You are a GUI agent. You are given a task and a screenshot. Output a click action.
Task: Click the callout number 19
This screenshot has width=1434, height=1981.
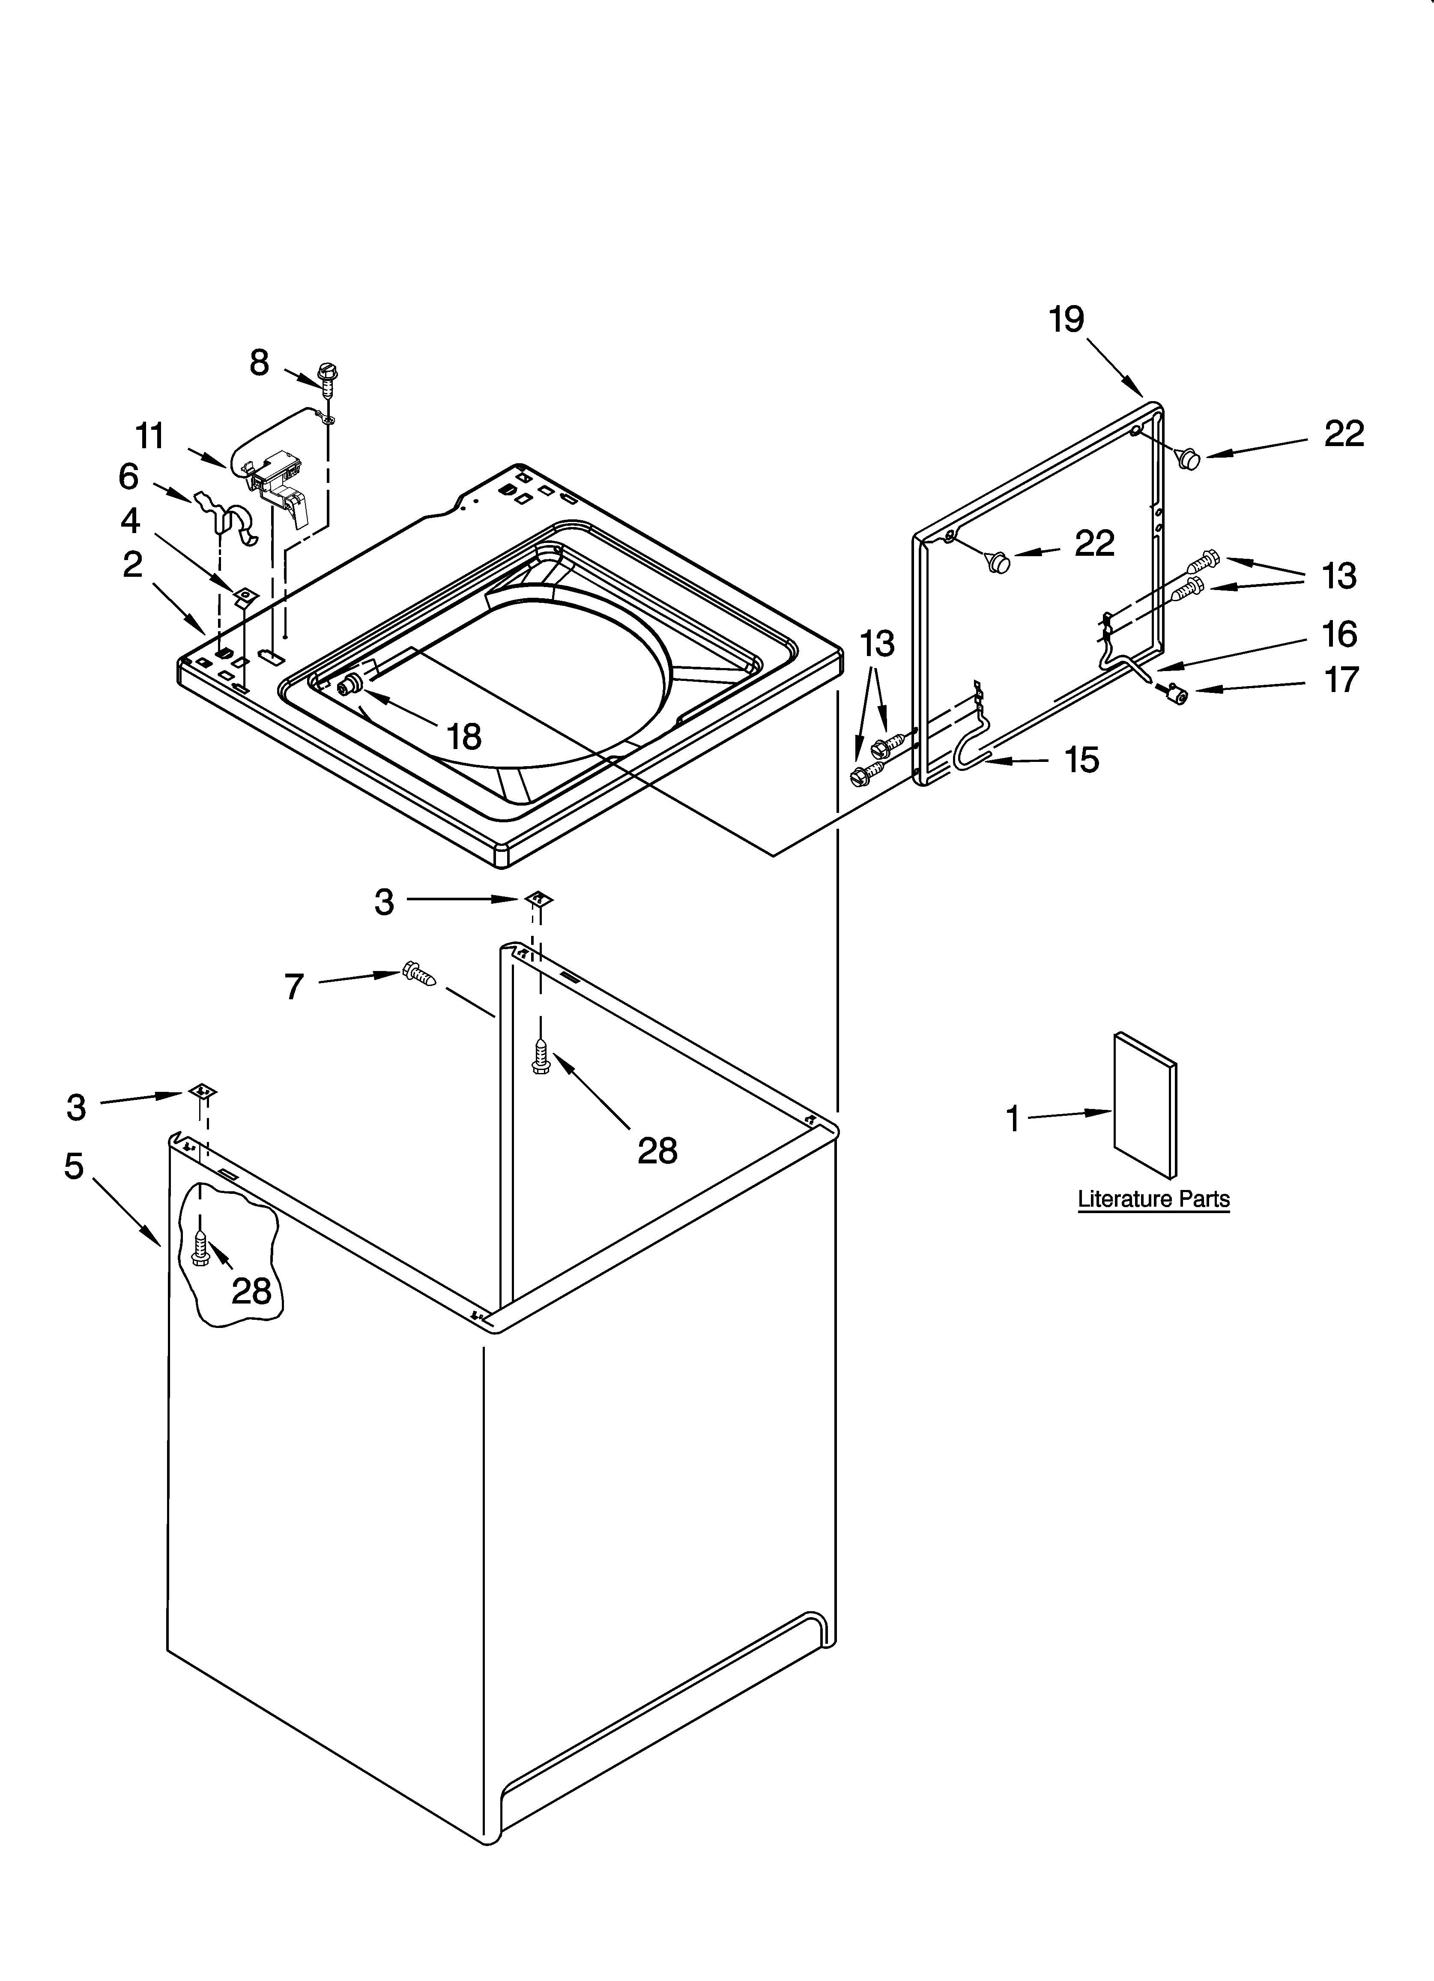point(1067,320)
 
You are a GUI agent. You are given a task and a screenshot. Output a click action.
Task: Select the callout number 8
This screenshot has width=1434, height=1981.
point(260,363)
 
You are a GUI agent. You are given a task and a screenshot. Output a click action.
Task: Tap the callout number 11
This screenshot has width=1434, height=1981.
point(150,436)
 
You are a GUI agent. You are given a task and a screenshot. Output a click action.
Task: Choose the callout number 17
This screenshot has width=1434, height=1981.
point(1341,680)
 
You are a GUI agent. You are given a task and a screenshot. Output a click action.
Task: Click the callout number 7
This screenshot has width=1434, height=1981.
point(294,987)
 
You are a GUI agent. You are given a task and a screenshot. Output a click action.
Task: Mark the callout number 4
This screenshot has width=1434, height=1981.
point(130,521)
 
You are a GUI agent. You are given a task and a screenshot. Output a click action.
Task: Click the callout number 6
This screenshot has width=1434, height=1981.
point(128,477)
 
